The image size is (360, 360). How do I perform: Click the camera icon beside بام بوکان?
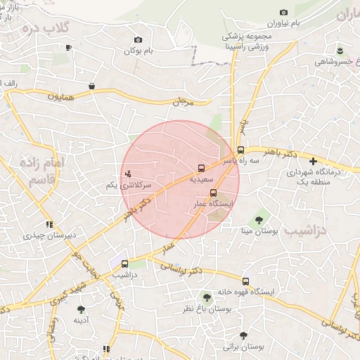click(x=138, y=39)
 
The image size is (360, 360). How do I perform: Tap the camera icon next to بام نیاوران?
click(x=283, y=12)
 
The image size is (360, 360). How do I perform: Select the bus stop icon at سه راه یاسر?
click(x=240, y=150)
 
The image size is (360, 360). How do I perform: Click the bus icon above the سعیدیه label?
click(x=202, y=168)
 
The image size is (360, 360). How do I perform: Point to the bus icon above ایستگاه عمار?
click(x=214, y=193)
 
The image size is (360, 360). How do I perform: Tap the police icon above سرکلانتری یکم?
click(x=128, y=173)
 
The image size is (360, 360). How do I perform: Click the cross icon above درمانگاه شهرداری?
click(x=313, y=161)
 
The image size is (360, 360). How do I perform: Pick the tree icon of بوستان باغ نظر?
click(x=207, y=297)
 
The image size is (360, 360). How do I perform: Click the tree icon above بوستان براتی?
click(x=243, y=335)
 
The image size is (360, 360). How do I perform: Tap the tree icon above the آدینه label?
click(x=81, y=309)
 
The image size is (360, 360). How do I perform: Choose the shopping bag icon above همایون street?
click(x=91, y=86)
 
